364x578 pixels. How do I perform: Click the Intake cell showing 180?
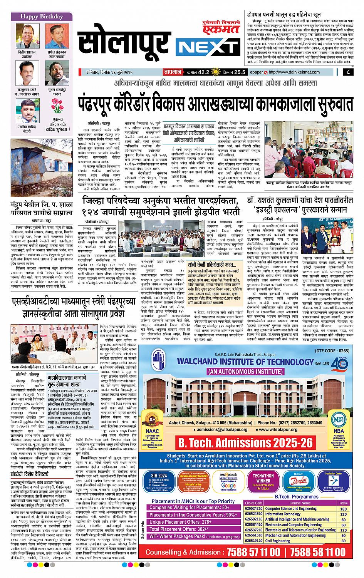343,509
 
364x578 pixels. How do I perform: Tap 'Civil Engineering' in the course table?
278,540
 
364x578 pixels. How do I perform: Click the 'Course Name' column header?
300,503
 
